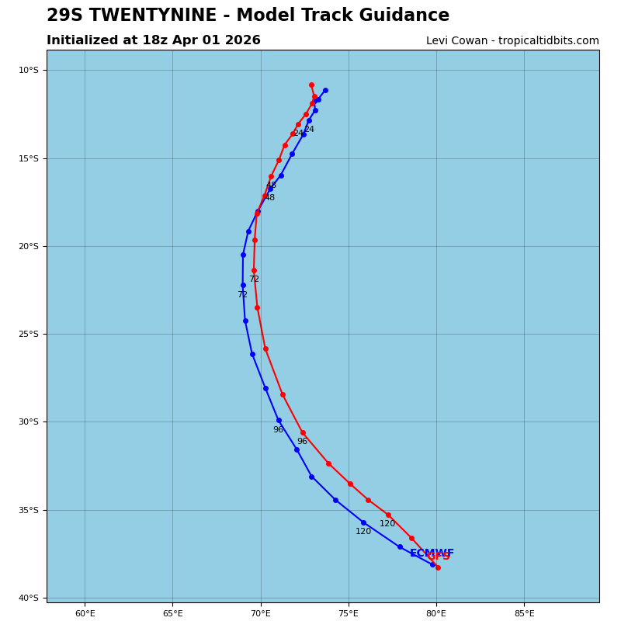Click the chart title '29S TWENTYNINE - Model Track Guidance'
pos(248,16)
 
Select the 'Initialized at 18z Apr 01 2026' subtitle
pos(154,40)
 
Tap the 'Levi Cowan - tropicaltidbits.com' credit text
pos(512,41)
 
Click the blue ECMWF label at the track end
pos(432,553)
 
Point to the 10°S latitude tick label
pos(28,71)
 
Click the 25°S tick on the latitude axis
pos(28,335)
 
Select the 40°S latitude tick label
pos(28,598)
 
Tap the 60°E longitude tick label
pos(85,614)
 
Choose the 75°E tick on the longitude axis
pos(349,614)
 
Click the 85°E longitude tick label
pos(524,614)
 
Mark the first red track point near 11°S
pos(311,85)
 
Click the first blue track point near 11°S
pos(325,91)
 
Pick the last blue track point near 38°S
pos(432,564)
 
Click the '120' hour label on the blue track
pos(363,532)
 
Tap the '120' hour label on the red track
pos(387,524)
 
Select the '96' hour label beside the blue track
pos(278,430)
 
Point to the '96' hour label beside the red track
pos(302,442)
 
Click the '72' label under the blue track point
pos(242,295)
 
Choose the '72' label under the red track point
pos(254,279)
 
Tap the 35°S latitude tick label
pos(28,511)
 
